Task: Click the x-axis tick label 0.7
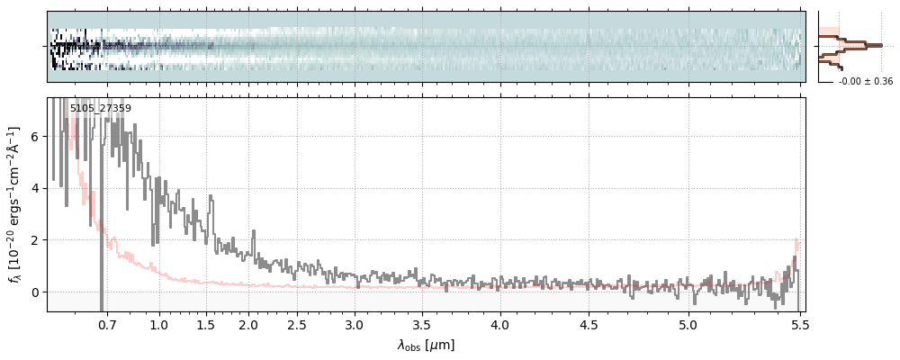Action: [x=107, y=324]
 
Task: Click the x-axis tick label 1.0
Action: [x=159, y=324]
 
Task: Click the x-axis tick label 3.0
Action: [x=355, y=324]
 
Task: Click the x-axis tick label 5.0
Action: [x=688, y=324]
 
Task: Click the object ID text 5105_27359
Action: [x=101, y=109]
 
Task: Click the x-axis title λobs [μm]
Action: [x=426, y=345]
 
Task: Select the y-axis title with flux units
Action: [x=14, y=204]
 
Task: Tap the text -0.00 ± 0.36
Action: [x=866, y=82]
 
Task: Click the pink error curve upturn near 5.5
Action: [x=795, y=246]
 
